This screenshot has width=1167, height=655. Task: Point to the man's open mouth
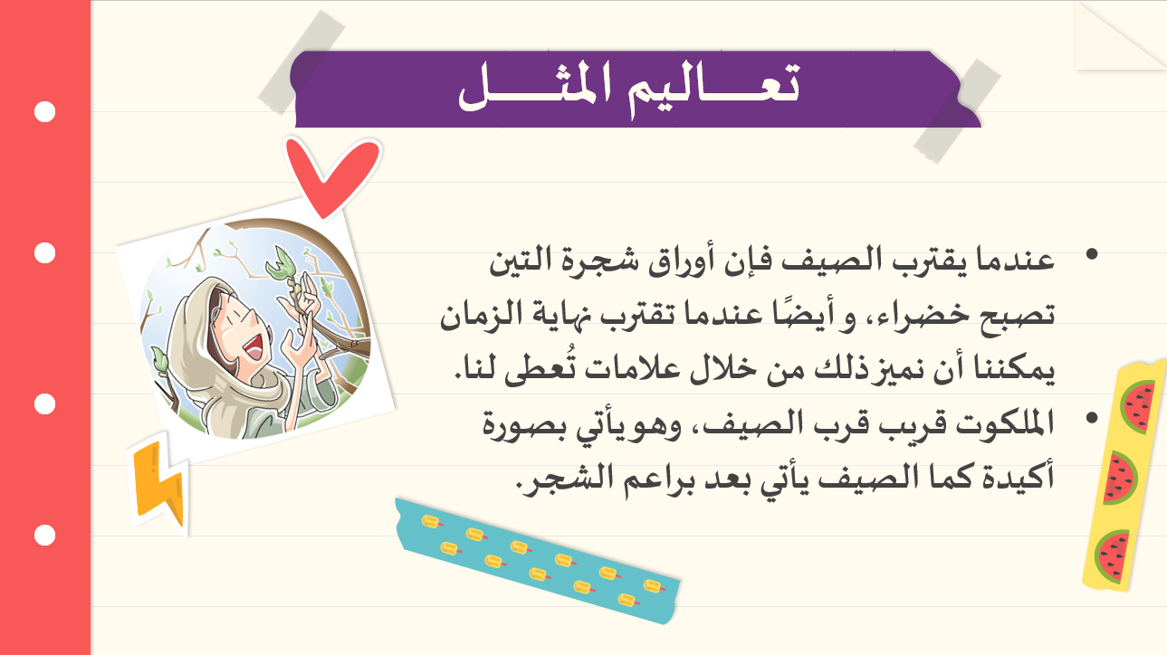(255, 347)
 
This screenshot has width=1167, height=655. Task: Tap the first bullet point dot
(1092, 254)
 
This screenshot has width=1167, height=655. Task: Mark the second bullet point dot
(1092, 418)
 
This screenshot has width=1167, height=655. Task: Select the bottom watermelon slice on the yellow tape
(1113, 556)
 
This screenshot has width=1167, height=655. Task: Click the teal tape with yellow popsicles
(538, 561)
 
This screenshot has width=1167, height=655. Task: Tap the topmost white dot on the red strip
(44, 111)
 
